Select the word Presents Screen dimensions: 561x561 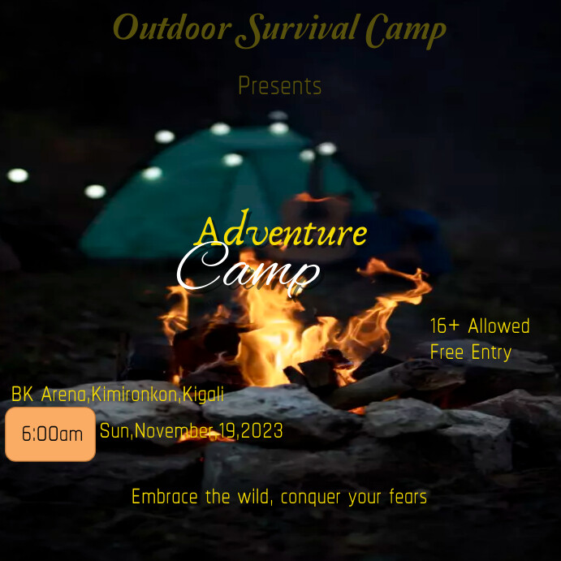pyautogui.click(x=280, y=86)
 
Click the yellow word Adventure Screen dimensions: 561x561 pyautogui.click(x=281, y=233)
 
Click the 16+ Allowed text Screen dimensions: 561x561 pyautogui.click(x=480, y=326)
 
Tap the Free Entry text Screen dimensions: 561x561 pyautogui.click(x=471, y=352)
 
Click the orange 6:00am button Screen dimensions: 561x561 pyautogui.click(x=51, y=434)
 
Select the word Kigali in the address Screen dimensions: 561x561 pyautogui.click(x=203, y=395)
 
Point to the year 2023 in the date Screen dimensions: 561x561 pyautogui.click(x=261, y=431)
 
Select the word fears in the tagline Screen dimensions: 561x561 pyautogui.click(x=405, y=496)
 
